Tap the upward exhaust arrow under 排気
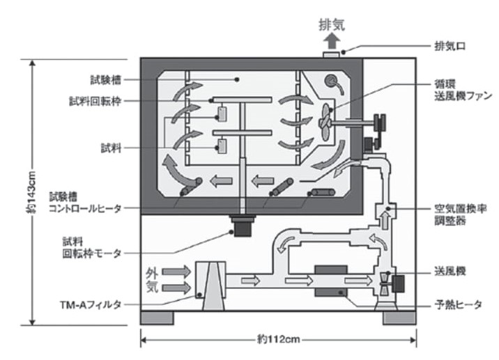[x=328, y=34]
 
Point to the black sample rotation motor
[x=243, y=227]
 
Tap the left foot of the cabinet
[x=158, y=318]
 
